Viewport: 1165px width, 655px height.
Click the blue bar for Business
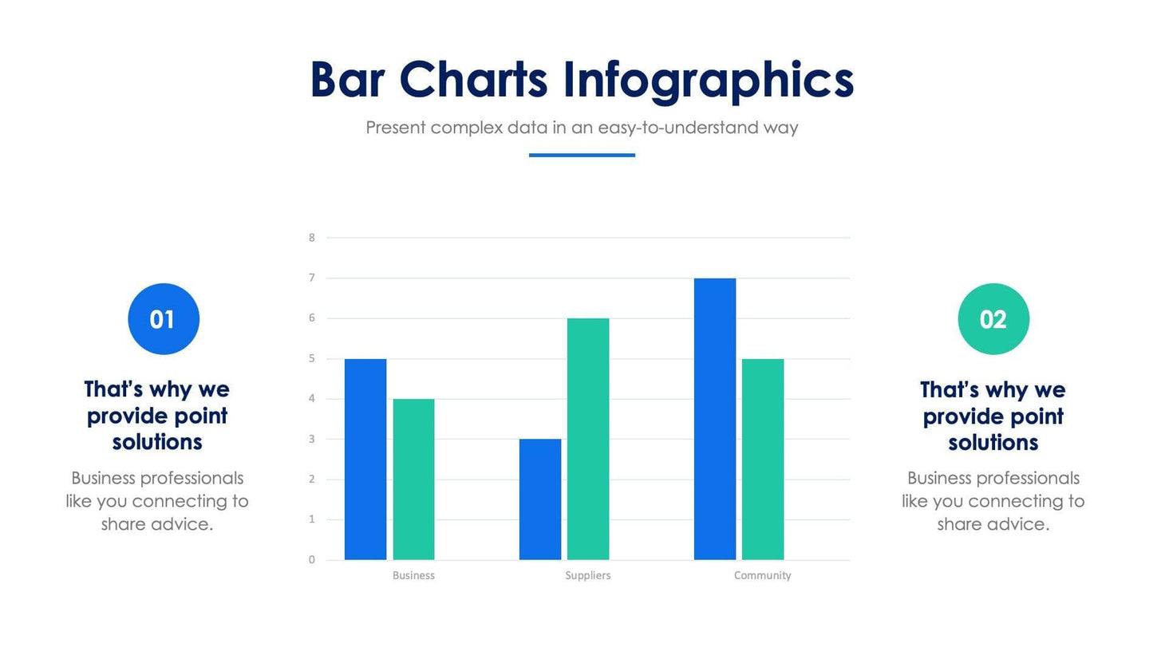(x=365, y=459)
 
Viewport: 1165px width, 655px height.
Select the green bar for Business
(x=413, y=479)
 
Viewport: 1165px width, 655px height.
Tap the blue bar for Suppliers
(x=540, y=499)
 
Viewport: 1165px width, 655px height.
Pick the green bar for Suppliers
(x=588, y=439)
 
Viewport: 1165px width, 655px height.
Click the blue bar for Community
(x=715, y=419)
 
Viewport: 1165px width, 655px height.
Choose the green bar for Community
(x=763, y=459)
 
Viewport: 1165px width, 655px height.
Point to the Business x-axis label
(x=413, y=575)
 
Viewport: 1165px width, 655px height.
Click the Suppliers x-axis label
(x=588, y=575)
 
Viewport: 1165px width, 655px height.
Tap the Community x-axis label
(x=762, y=575)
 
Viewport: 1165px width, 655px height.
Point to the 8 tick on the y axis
(x=312, y=238)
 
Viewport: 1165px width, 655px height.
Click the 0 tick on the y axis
(x=312, y=560)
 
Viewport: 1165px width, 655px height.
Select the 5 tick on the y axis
(x=312, y=359)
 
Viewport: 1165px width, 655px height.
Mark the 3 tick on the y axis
(x=312, y=440)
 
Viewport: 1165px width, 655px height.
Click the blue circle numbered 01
(x=164, y=319)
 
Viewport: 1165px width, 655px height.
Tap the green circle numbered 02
(x=993, y=319)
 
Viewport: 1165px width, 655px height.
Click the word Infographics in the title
(x=708, y=81)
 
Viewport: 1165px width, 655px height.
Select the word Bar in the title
(x=347, y=81)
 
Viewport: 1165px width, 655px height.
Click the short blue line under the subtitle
(x=582, y=155)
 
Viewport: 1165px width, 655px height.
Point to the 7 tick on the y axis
(x=312, y=278)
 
